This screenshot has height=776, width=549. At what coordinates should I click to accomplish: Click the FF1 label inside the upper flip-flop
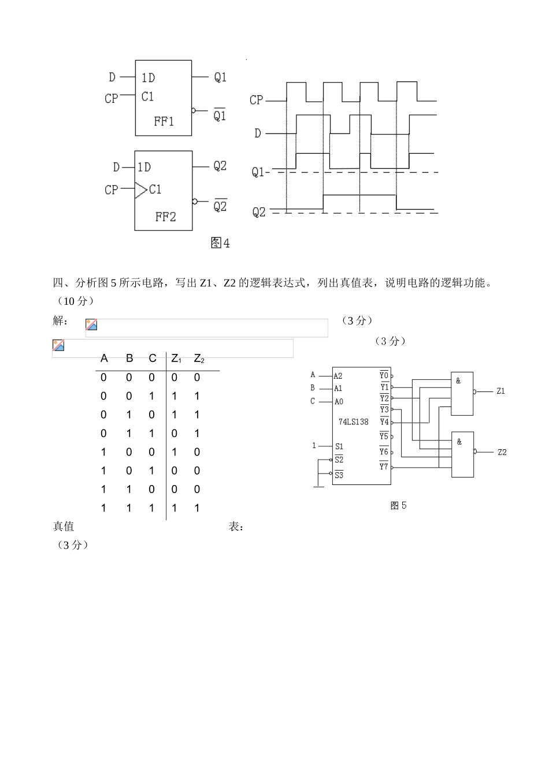(164, 122)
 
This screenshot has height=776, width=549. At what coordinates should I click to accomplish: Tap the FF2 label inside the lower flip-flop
(165, 217)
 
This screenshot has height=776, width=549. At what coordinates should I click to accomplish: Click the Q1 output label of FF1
(220, 77)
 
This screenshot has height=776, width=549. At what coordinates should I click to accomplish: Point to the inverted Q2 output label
(220, 206)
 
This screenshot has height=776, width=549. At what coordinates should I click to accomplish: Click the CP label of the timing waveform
(256, 100)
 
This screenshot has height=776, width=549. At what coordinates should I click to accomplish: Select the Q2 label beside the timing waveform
(259, 212)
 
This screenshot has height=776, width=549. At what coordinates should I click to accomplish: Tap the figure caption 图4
(220, 243)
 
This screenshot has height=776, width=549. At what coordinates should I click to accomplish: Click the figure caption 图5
(398, 506)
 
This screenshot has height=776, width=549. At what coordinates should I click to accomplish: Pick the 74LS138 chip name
(353, 422)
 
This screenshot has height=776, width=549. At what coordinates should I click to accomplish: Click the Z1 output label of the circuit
(500, 391)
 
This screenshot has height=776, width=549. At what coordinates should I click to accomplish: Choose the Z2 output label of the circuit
(502, 452)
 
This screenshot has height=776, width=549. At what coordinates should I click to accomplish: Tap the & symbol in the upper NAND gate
(458, 381)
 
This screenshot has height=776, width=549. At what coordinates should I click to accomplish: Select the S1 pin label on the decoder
(339, 446)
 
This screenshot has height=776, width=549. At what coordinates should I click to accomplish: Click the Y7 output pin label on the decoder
(384, 467)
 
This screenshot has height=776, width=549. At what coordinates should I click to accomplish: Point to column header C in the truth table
(152, 359)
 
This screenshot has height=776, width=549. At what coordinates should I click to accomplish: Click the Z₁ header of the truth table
(176, 359)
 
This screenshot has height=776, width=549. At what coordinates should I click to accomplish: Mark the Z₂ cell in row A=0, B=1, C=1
(197, 434)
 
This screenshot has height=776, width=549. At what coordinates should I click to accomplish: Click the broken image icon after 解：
(91, 325)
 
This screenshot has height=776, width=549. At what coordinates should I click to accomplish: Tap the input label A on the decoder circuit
(313, 375)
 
